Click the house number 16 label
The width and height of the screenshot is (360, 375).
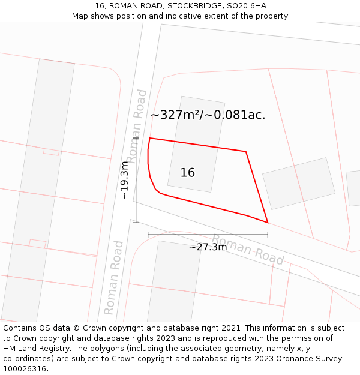[188, 173]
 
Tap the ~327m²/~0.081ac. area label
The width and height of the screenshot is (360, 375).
[208, 115]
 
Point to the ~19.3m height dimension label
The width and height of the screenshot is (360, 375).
[125, 180]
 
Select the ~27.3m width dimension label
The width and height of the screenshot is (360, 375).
[208, 247]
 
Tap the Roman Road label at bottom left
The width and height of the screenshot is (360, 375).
[113, 277]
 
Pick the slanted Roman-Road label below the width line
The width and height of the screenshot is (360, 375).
[248, 250]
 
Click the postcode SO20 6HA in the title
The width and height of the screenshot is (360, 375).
[247, 6]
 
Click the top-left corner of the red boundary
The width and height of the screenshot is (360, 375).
[149, 138]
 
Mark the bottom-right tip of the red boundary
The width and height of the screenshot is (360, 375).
[268, 223]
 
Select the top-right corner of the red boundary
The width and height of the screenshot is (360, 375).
[246, 151]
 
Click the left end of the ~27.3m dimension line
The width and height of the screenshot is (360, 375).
[148, 235]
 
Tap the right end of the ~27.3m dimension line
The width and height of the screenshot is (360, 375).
[268, 235]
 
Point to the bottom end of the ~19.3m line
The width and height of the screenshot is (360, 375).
[136, 223]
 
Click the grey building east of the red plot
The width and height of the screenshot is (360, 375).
[299, 183]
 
